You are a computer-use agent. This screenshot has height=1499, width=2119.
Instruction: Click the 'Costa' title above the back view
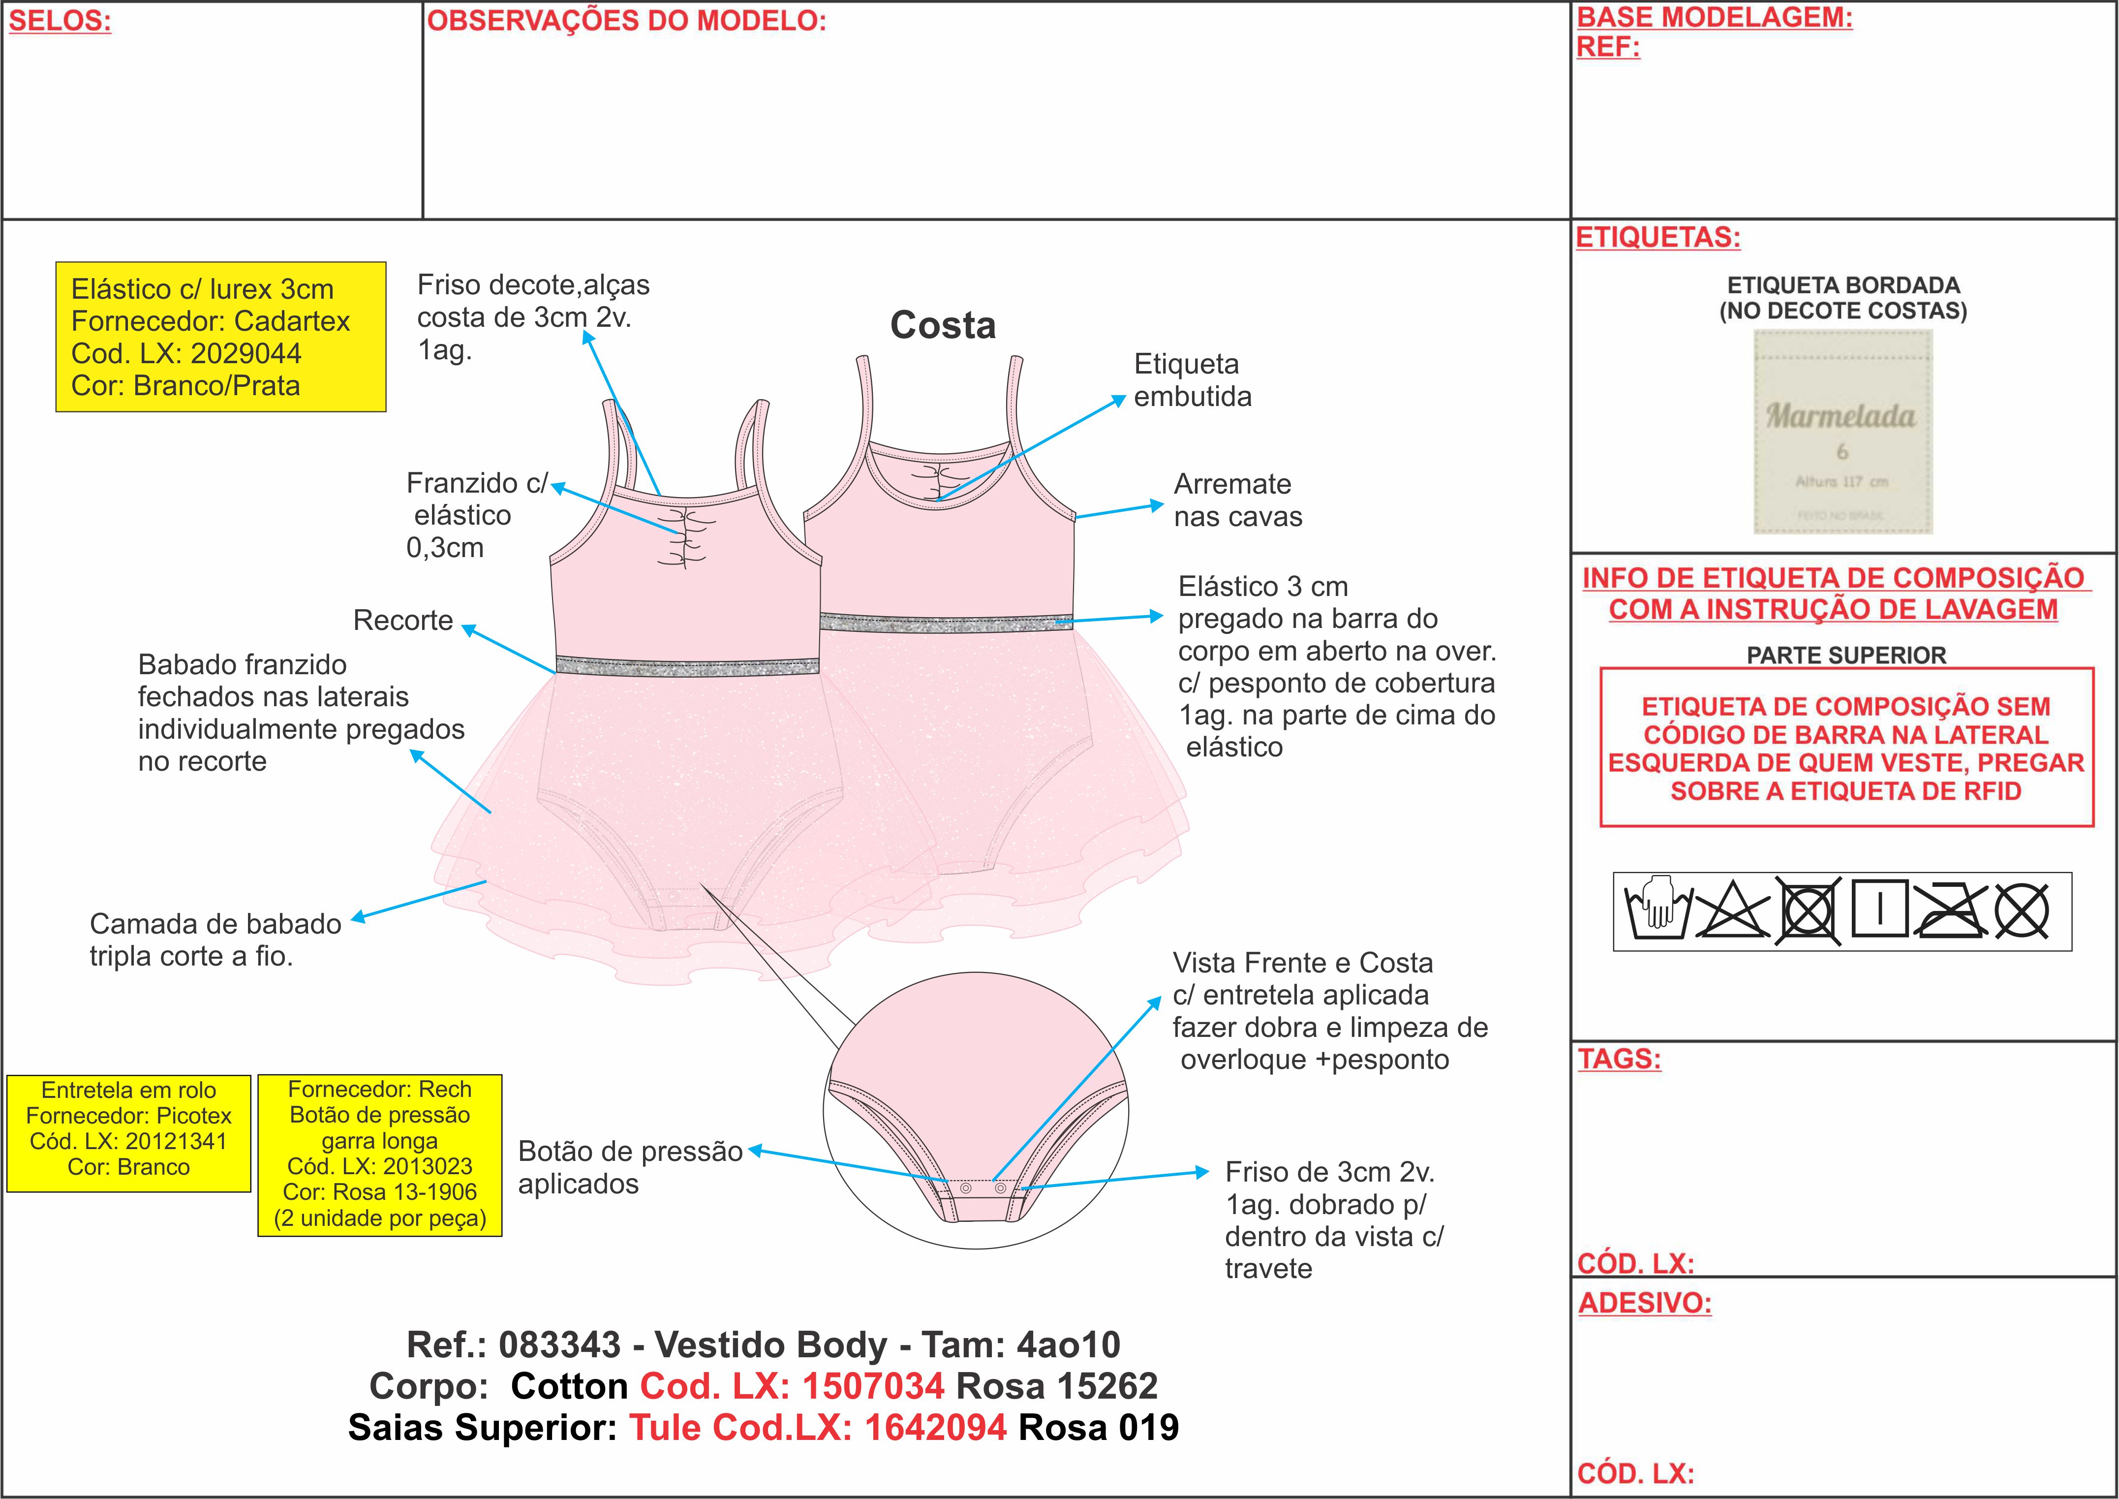click(x=942, y=325)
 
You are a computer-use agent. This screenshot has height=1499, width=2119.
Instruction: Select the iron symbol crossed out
click(x=1949, y=910)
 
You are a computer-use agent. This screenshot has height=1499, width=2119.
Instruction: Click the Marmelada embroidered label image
click(x=1842, y=432)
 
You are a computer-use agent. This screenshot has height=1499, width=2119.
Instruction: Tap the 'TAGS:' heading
click(x=1619, y=1059)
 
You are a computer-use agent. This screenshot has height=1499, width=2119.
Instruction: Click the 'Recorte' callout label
click(x=402, y=620)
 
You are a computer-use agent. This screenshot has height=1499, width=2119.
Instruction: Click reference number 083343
click(x=559, y=1345)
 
